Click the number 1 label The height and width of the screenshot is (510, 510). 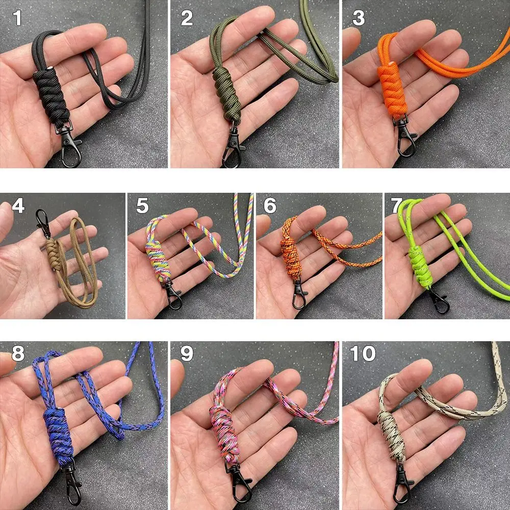(x=18, y=18)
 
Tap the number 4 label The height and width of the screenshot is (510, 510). (x=18, y=206)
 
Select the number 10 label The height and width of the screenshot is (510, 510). (x=363, y=353)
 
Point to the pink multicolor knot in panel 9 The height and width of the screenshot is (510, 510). (x=223, y=428)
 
